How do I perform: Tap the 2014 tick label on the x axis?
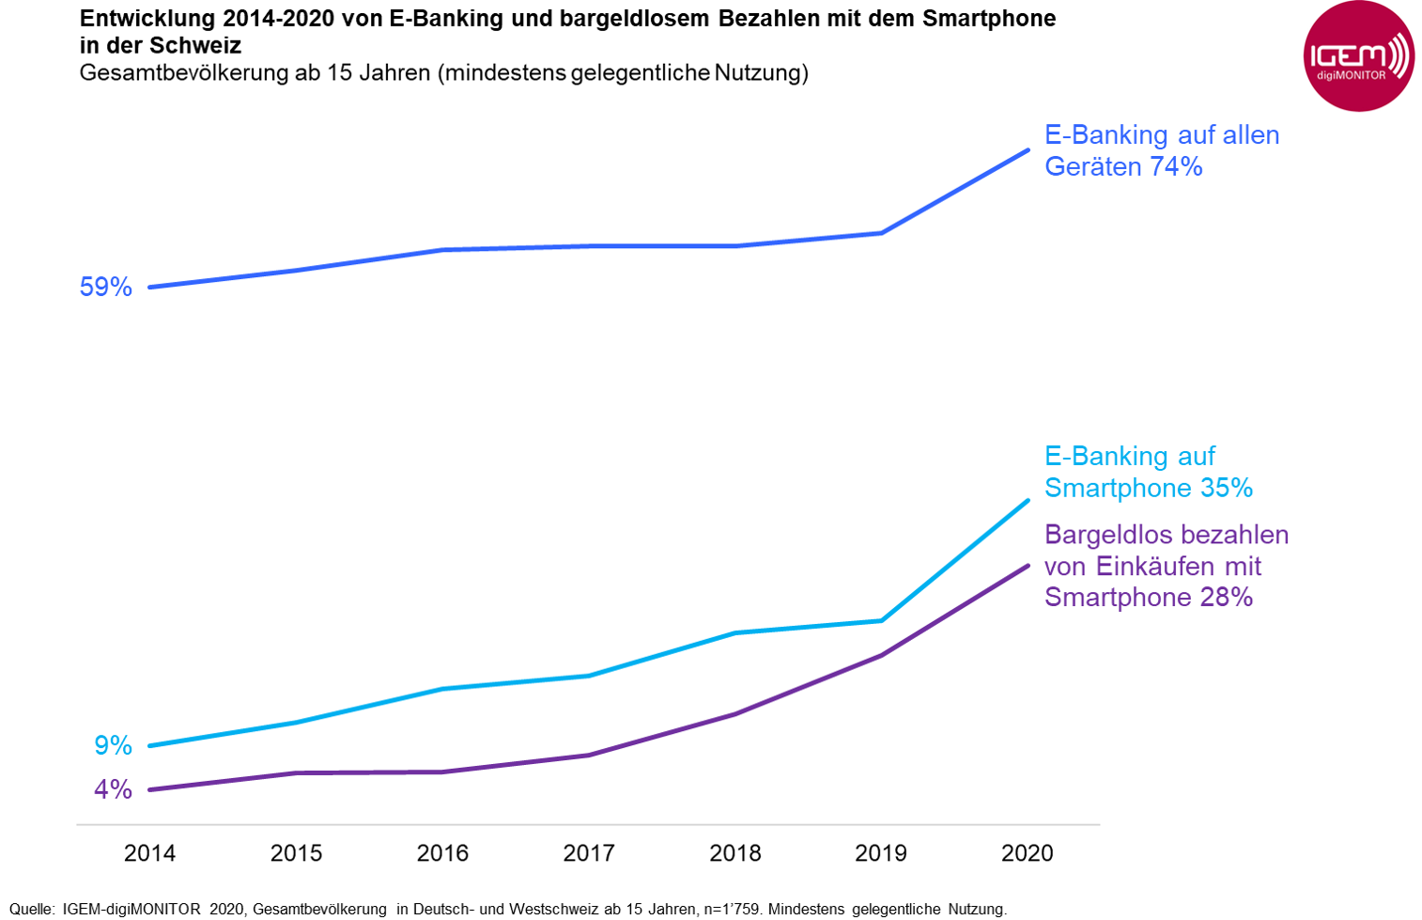[150, 853]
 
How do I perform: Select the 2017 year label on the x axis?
[589, 853]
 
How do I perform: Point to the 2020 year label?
[1028, 853]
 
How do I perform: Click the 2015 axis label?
[296, 853]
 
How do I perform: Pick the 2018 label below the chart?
[735, 853]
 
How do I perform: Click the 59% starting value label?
[106, 288]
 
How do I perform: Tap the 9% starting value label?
[113, 745]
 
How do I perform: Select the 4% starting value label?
[113, 789]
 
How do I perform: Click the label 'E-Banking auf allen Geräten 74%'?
[1161, 150]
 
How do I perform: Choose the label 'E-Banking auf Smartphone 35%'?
[1148, 472]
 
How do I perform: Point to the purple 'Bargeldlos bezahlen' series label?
[1166, 566]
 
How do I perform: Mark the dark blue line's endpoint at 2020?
[1028, 149]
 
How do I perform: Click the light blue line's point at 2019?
[881, 620]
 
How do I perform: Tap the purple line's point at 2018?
[735, 714]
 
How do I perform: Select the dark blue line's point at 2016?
[442, 250]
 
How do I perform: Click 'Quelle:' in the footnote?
[32, 909]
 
